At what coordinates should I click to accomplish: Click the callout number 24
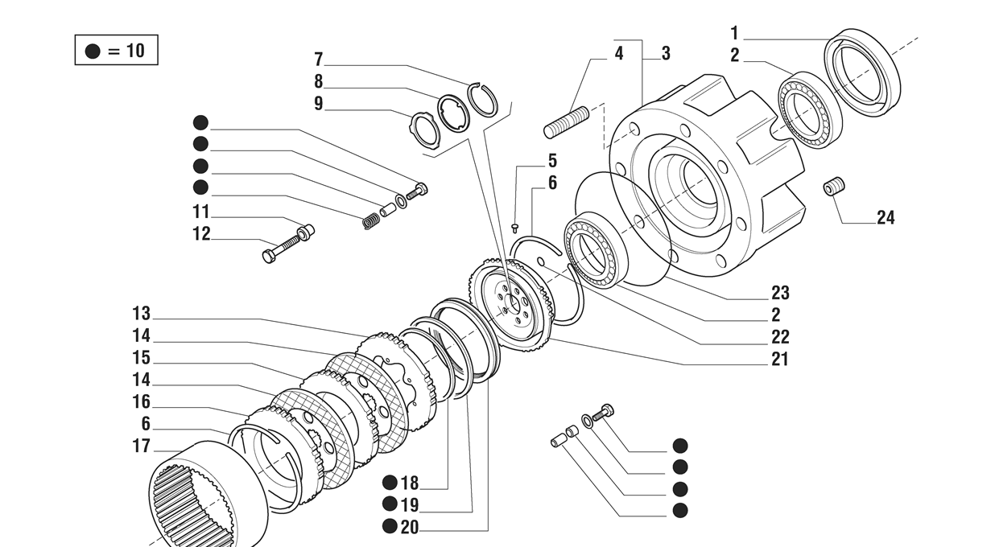click(x=885, y=217)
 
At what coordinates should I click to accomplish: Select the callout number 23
click(x=779, y=293)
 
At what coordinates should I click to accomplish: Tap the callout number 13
click(x=142, y=314)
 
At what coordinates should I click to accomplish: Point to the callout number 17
click(x=142, y=446)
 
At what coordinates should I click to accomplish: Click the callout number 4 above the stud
click(x=618, y=54)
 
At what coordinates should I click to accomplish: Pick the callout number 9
click(x=318, y=103)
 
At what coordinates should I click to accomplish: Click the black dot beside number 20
click(x=390, y=527)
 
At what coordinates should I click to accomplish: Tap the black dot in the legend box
click(x=93, y=51)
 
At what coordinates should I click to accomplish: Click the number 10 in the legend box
click(x=134, y=51)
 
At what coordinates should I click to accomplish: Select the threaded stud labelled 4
click(x=568, y=123)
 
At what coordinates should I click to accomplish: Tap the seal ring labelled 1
click(x=862, y=72)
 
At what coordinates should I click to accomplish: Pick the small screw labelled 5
click(x=514, y=228)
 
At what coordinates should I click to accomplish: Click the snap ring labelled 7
click(x=483, y=98)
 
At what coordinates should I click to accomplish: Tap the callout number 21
click(x=779, y=359)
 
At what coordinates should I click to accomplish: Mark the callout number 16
click(x=142, y=402)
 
